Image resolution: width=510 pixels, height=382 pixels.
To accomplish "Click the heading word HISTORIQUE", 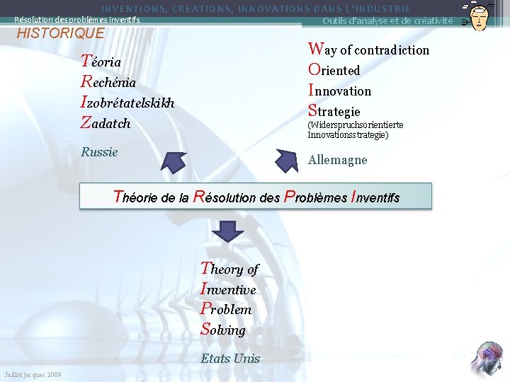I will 60,33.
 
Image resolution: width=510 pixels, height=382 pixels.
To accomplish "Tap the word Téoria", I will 101,62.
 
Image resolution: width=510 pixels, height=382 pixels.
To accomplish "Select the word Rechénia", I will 108,82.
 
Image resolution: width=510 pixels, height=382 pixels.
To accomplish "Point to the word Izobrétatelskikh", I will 128,103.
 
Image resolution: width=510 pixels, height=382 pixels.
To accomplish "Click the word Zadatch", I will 106,123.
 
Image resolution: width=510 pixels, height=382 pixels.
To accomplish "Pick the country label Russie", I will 99,152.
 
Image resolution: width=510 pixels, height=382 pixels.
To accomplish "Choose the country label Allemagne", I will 338,160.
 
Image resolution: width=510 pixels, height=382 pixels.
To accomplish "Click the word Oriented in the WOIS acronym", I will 334,70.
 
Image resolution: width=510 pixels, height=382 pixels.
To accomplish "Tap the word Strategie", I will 334,111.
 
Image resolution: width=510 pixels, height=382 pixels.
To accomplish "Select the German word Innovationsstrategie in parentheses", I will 347,134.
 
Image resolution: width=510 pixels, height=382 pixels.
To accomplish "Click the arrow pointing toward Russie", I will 173,161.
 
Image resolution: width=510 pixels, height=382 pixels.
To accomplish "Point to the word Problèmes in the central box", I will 315,197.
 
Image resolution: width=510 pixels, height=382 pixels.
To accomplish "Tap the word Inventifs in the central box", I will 375,197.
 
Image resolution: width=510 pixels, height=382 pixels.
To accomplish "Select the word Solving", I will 223,330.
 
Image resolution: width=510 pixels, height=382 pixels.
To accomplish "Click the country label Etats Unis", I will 230,359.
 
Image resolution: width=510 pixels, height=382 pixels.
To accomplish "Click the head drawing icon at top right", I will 479,16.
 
